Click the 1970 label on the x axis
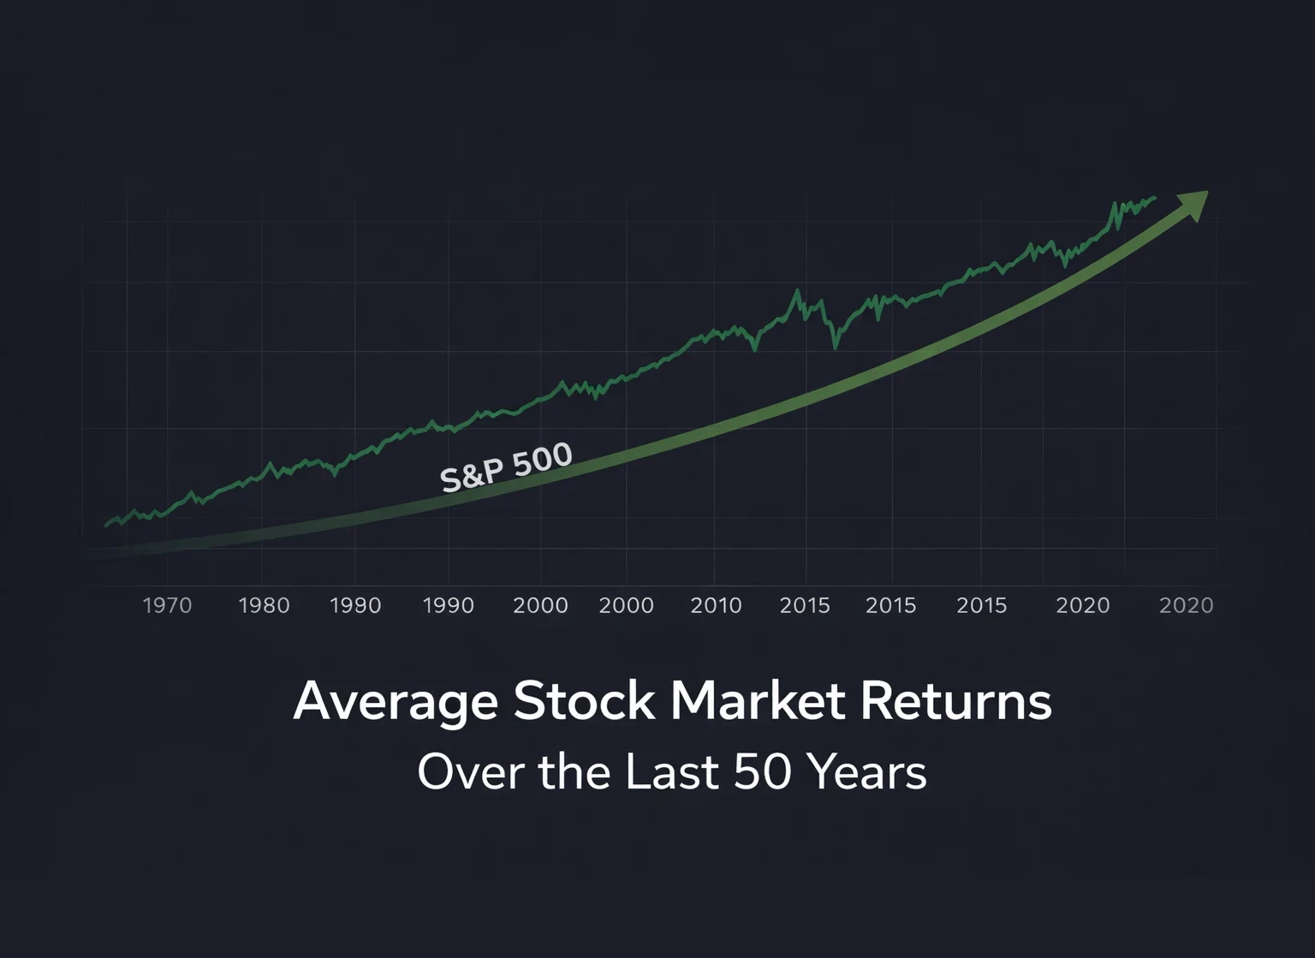(167, 605)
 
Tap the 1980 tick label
(264, 605)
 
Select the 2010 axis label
(716, 605)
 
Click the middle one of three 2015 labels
(890, 605)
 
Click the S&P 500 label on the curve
(506, 467)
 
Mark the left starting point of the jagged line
(106, 525)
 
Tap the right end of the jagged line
(1155, 198)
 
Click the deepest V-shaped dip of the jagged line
(836, 347)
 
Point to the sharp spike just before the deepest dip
(798, 291)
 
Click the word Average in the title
(396, 702)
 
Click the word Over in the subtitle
(470, 771)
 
